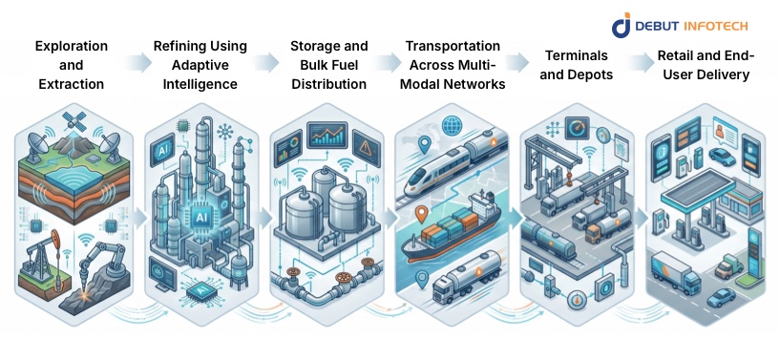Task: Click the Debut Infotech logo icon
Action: [x=622, y=25]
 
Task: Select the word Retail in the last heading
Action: [x=677, y=56]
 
